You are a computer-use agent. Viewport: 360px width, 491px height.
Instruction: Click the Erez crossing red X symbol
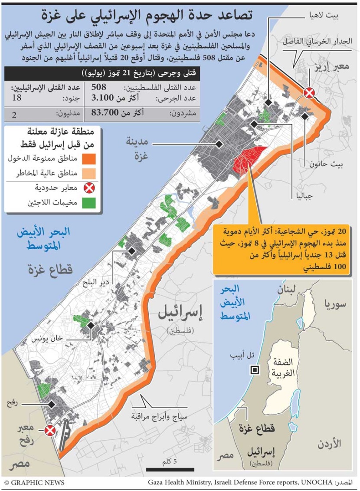tap(309, 92)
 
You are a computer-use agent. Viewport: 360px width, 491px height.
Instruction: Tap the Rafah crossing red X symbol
tap(50, 431)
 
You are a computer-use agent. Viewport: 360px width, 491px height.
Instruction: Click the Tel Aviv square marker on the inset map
tap(255, 370)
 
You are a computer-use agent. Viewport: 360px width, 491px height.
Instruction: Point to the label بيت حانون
tap(325, 164)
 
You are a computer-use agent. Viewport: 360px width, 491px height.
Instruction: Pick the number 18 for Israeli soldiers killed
tap(16, 98)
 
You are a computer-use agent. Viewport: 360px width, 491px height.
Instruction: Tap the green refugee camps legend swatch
tap(91, 203)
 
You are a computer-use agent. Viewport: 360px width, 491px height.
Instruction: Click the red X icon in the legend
tap(91, 188)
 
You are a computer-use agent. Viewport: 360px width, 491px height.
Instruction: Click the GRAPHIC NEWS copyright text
tap(34, 483)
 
